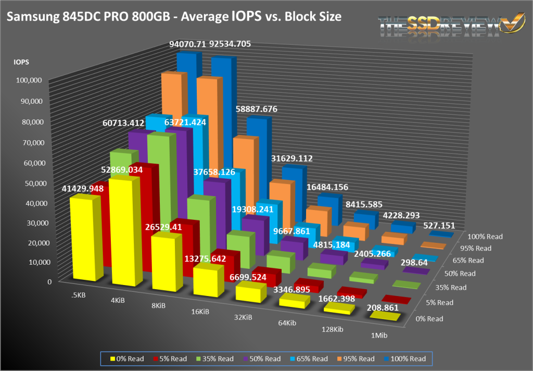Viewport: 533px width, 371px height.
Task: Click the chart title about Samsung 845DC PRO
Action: click(174, 17)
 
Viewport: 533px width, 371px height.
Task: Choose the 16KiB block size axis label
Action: click(200, 312)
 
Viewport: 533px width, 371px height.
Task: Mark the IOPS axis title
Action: click(21, 62)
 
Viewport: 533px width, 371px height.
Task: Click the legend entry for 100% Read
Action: click(404, 358)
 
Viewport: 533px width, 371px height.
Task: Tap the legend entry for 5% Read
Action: click(170, 358)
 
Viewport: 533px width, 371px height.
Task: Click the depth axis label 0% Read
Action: click(428, 319)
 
